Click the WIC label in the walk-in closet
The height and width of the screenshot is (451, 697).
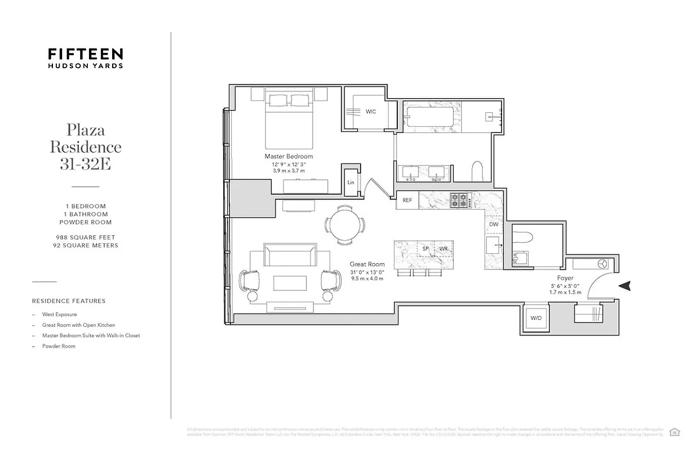(x=370, y=112)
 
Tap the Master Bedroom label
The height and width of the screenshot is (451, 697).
(x=288, y=156)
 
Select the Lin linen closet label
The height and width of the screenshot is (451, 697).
(x=350, y=182)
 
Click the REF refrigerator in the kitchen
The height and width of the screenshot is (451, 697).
(x=407, y=200)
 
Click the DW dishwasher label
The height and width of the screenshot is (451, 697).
(x=494, y=224)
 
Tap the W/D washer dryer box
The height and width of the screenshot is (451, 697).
(x=536, y=319)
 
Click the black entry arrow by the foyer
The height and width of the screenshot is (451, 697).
(x=624, y=286)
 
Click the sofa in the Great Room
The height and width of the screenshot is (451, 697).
(x=291, y=255)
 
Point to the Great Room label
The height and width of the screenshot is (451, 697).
(x=367, y=264)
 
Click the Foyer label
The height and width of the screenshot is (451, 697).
(x=565, y=278)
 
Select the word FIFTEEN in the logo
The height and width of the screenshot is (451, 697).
(x=85, y=55)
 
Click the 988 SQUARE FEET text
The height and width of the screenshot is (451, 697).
(x=85, y=238)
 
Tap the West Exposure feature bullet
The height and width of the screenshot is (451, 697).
(x=59, y=315)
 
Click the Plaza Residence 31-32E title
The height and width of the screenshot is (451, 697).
(x=86, y=147)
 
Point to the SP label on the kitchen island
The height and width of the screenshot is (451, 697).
(x=425, y=249)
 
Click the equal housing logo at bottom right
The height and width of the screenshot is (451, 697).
(x=674, y=432)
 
